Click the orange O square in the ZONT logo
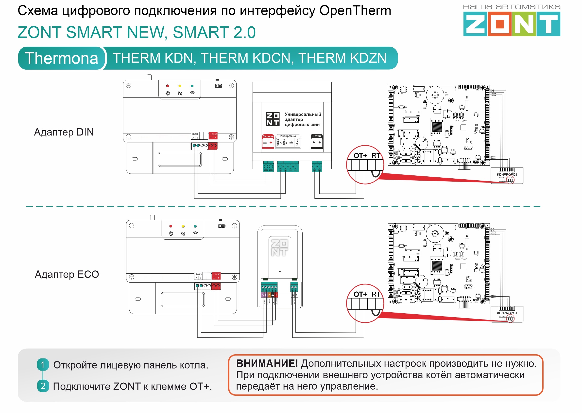pyautogui.click(x=499, y=25)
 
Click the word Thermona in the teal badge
pyautogui.click(x=61, y=58)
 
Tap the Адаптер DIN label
pyautogui.click(x=64, y=132)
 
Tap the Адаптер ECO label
pyautogui.click(x=67, y=274)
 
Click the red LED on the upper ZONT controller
pyautogui.click(x=168, y=86)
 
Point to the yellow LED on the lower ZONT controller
pyautogui.click(x=183, y=226)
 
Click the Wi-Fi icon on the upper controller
pyautogui.click(x=192, y=93)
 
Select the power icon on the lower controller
pyautogui.click(x=171, y=233)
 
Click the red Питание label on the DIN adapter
pyautogui.click(x=268, y=136)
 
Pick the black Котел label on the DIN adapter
pyautogui.click(x=317, y=136)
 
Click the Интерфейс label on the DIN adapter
pyautogui.click(x=288, y=136)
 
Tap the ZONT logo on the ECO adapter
pyautogui.click(x=280, y=248)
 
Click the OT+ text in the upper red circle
pyautogui.click(x=360, y=156)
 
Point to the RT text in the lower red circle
pyautogui.click(x=376, y=294)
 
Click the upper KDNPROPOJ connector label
pyautogui.click(x=507, y=174)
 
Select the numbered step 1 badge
pyautogui.click(x=43, y=365)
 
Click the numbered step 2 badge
pyautogui.click(x=43, y=386)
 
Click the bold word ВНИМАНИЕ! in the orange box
pyautogui.click(x=267, y=363)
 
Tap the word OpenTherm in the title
pyautogui.click(x=355, y=11)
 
